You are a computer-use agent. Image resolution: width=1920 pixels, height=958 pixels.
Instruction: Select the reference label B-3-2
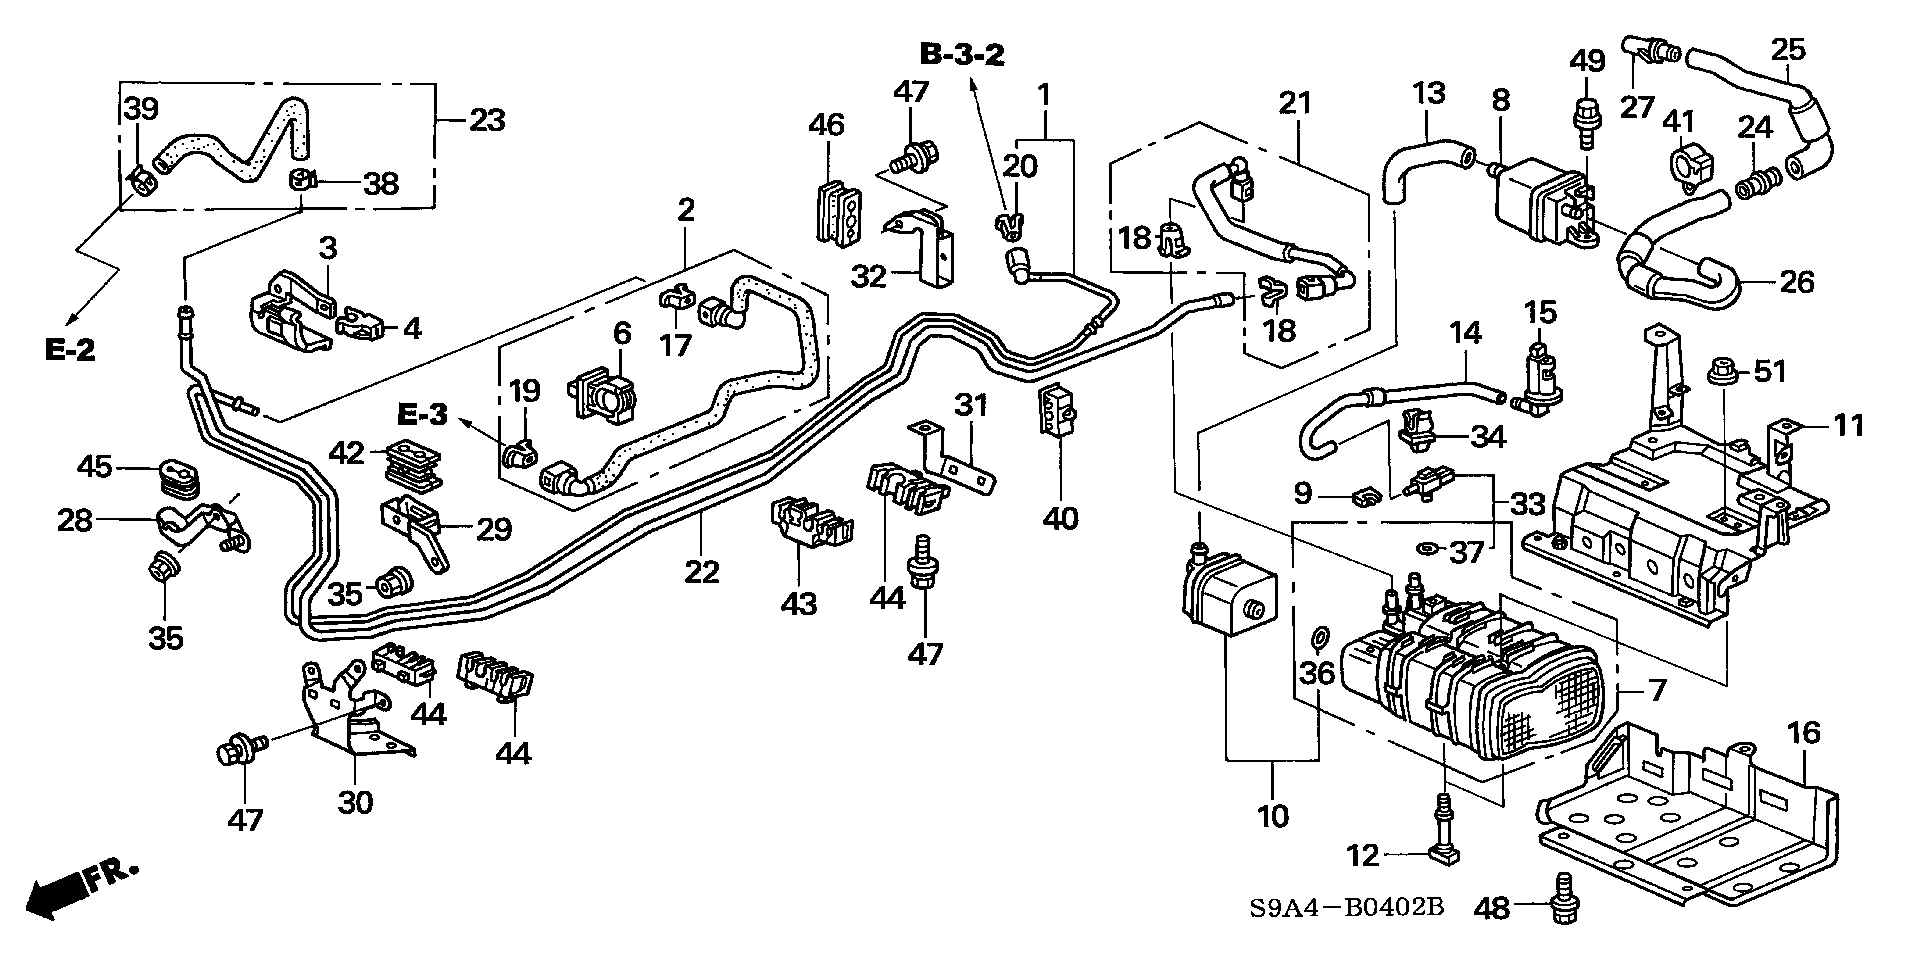[961, 55]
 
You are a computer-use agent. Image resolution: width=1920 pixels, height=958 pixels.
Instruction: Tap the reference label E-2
[69, 349]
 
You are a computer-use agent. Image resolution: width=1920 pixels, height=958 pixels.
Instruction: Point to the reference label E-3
[421, 413]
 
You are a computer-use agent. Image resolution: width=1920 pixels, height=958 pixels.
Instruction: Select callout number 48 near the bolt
[1493, 907]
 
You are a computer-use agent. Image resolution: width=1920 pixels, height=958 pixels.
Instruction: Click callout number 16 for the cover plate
[1804, 734]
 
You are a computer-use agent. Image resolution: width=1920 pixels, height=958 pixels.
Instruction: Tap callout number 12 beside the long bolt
[1363, 854]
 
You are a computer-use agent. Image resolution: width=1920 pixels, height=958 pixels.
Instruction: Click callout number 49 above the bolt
[1586, 61]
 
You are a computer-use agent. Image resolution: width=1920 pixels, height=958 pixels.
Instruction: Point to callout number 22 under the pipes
[702, 571]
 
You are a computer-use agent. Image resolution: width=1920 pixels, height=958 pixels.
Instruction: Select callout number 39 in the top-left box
[141, 109]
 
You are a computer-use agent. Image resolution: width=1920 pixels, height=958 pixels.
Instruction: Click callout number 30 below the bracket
[356, 801]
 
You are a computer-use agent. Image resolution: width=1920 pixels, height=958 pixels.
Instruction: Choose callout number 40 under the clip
[1060, 518]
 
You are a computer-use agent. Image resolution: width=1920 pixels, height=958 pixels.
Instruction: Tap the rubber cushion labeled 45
[178, 478]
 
